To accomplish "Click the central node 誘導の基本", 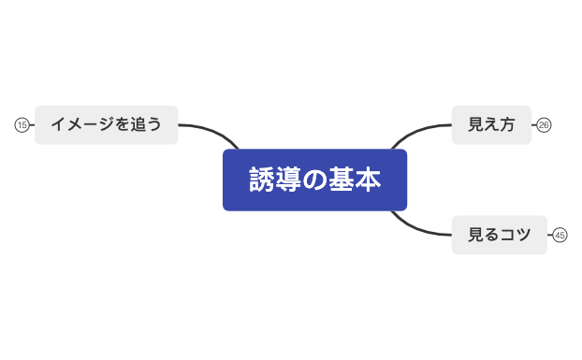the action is click(x=314, y=180).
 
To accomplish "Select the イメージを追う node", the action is click(x=106, y=124).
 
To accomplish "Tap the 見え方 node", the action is click(x=491, y=124).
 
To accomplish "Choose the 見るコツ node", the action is click(x=499, y=235).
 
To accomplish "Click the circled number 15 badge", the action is click(x=22, y=124).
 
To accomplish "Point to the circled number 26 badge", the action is click(x=544, y=125).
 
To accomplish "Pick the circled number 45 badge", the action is click(x=560, y=235).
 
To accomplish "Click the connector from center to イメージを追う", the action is click(x=211, y=130).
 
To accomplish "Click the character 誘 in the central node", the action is click(x=261, y=180).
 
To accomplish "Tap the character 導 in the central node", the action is click(x=287, y=180).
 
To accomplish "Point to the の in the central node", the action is click(x=314, y=180).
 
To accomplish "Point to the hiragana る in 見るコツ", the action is click(x=491, y=235).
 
